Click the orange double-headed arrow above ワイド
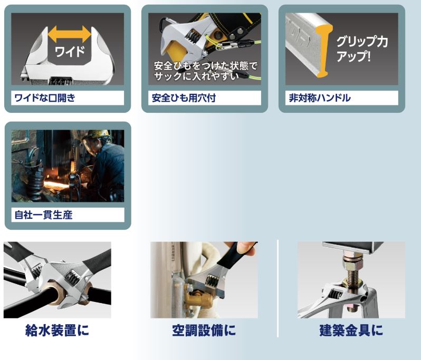point(69,34)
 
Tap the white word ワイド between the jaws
point(70,51)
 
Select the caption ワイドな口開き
point(45,98)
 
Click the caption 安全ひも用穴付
point(184,98)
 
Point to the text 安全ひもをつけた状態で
point(205,65)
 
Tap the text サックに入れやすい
point(196,76)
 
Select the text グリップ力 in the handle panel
point(362,42)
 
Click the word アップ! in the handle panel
point(353,56)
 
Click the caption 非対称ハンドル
point(320,98)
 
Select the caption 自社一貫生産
point(43,215)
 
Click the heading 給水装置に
point(57,330)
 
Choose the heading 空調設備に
point(204,330)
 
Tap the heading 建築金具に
point(351,330)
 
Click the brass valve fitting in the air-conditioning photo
point(193,298)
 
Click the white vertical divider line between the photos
point(278,289)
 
